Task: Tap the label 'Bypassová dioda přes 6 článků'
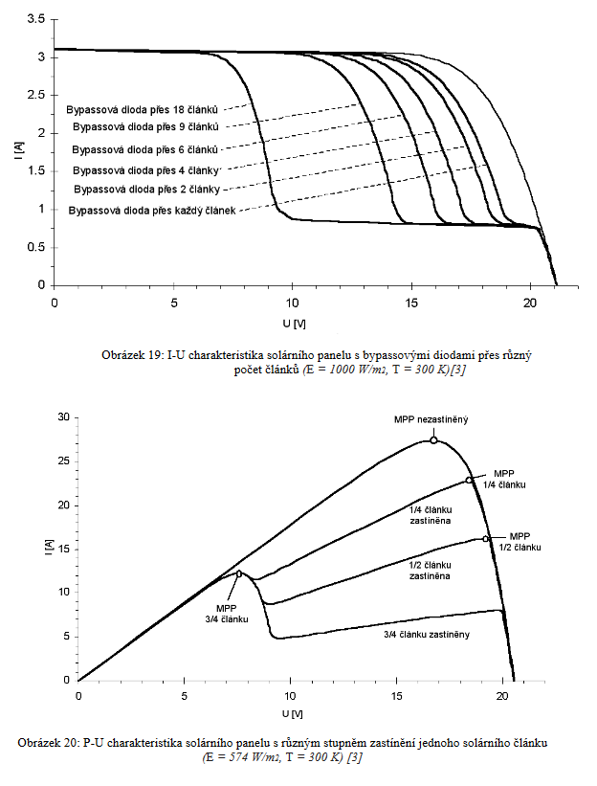pos(146,149)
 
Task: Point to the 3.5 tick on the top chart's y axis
pos(35,18)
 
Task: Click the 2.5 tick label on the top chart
pos(35,95)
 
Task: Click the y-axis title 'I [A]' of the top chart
pos(19,151)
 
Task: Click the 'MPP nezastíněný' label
pos(431,420)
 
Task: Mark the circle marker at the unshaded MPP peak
pos(433,440)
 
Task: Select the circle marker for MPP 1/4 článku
pos(469,481)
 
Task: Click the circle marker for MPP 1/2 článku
pos(486,539)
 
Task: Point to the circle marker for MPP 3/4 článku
pos(239,574)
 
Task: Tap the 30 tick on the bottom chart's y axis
pos(64,417)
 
